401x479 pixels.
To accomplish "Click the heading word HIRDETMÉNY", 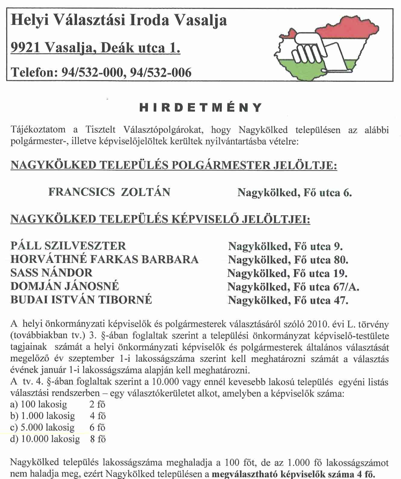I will point(200,108).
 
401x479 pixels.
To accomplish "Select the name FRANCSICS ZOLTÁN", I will point(109,192).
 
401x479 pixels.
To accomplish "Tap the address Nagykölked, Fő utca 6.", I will point(294,192).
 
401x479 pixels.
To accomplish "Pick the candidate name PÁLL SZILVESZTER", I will point(68,246).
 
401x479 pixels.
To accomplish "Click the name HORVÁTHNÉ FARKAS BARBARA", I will point(104,259).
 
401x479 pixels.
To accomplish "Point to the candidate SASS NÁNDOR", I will point(51,273).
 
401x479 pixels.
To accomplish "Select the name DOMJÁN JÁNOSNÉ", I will point(65,286).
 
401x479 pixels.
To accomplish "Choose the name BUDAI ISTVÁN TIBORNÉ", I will point(81,300).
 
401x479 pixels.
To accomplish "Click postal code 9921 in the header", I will point(25,48).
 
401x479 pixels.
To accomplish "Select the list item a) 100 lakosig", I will point(39,404).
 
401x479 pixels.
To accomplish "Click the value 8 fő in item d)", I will point(98,439).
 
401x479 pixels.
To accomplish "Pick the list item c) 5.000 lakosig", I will point(42,427).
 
